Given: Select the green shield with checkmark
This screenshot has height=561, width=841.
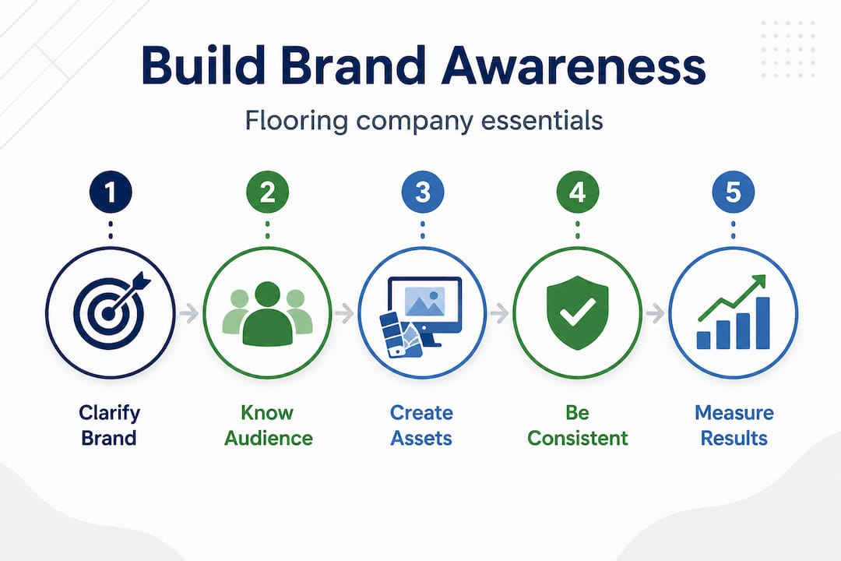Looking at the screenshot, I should point(578,312).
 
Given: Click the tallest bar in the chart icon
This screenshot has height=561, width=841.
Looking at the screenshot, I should point(763,322).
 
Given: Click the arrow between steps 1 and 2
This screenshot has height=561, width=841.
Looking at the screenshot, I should point(188,314).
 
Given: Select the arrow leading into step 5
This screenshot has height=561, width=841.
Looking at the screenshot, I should point(655,314).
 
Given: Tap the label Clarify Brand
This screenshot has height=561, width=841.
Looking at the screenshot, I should point(110,425).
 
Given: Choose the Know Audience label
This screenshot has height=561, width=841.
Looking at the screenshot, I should point(268,425).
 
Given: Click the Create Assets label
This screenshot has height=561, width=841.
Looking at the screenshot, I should point(421,425).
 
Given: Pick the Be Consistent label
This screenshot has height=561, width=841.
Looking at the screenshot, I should point(577,425).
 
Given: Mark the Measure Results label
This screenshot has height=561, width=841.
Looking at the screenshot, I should point(734,425).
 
